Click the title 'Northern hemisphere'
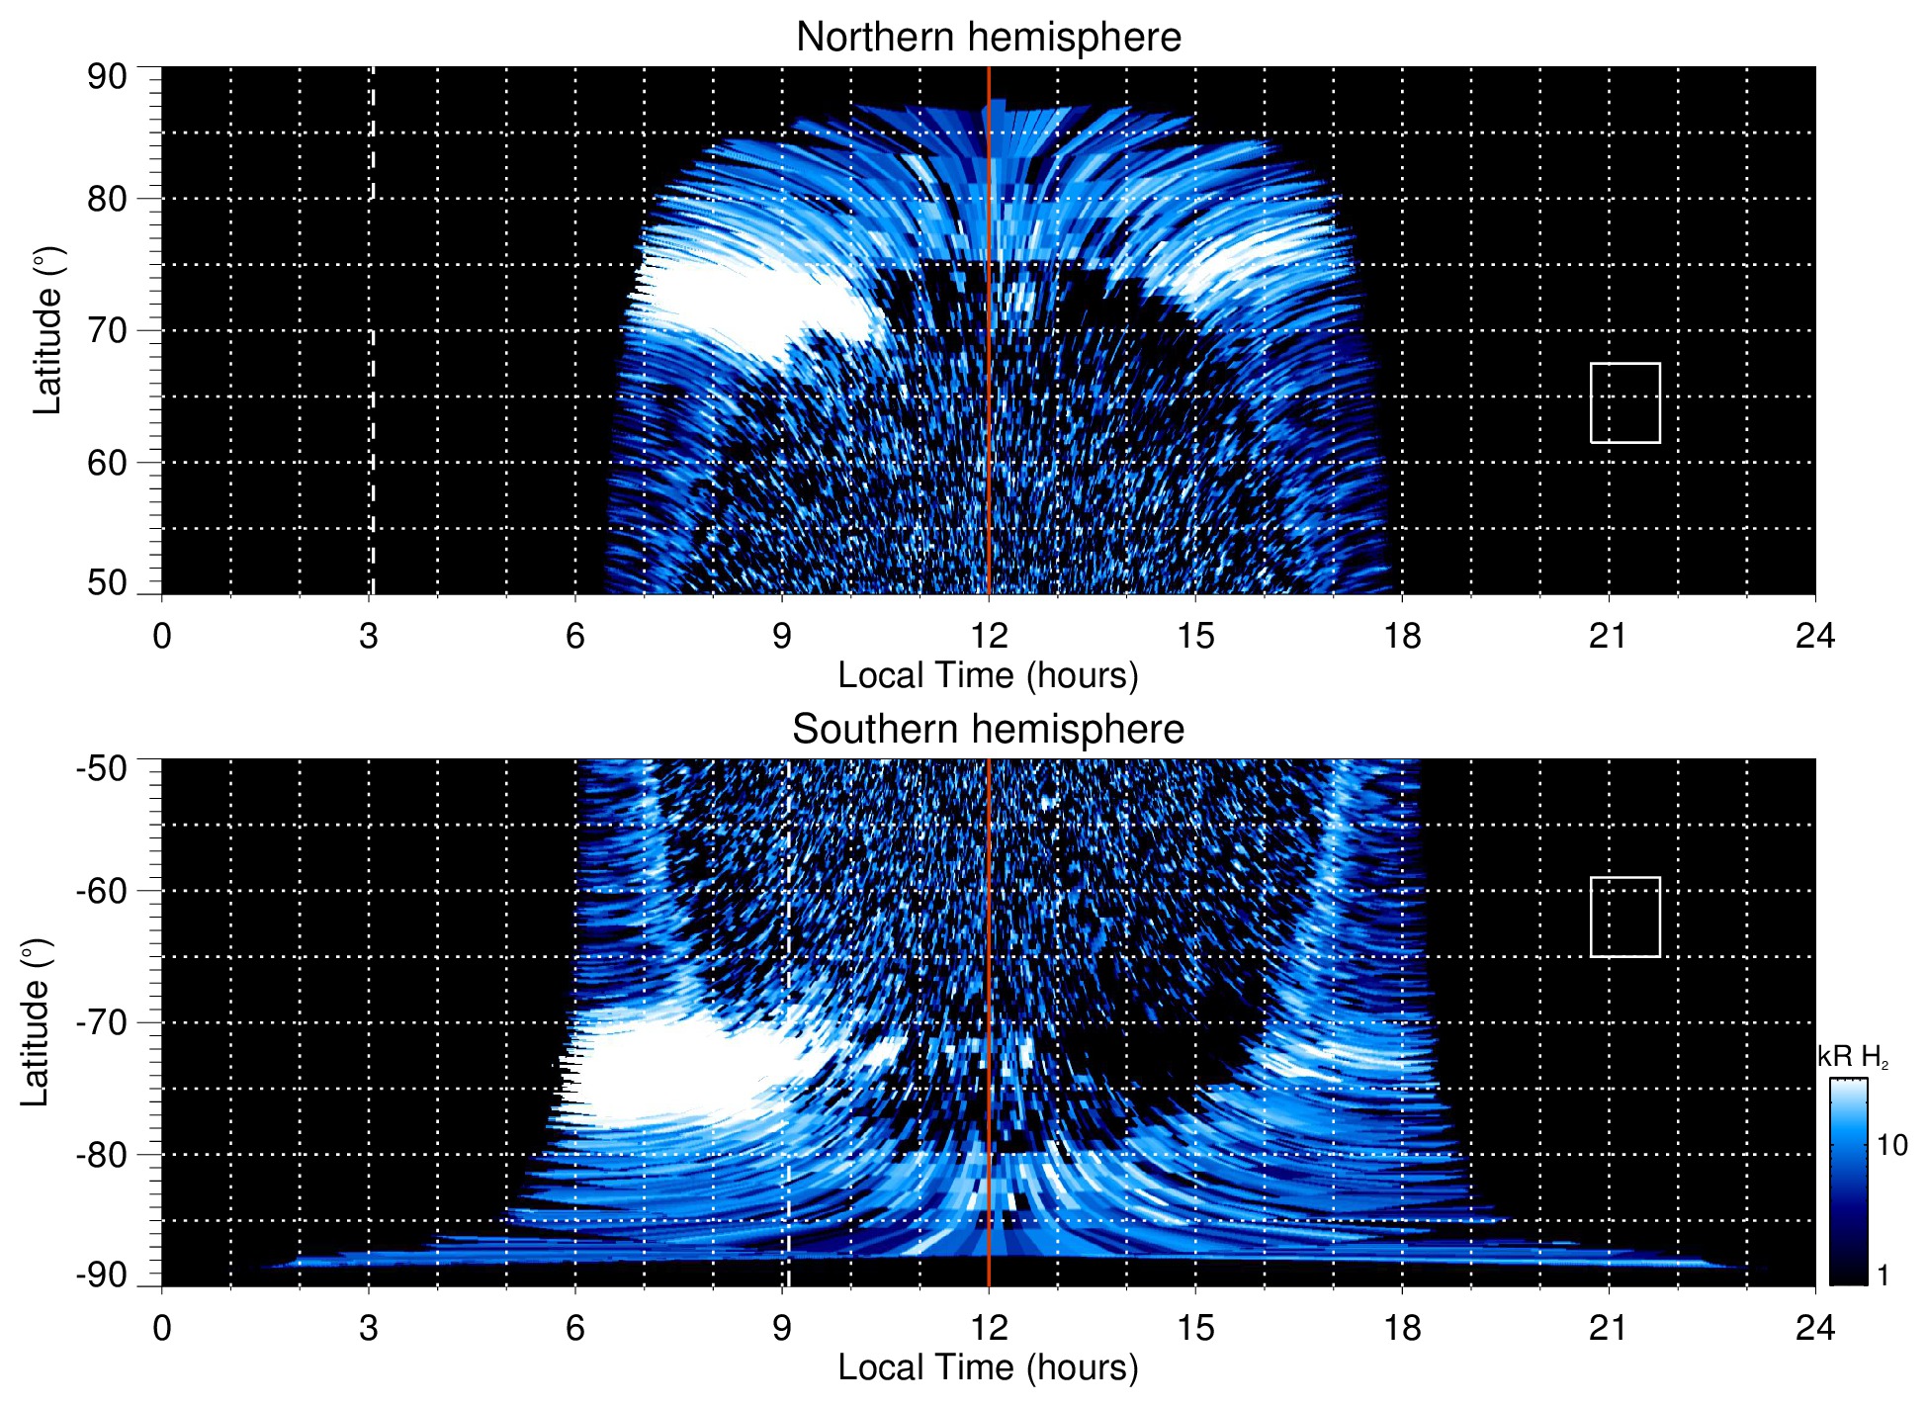click(x=988, y=38)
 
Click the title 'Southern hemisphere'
click(x=988, y=730)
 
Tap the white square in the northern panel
click(x=1624, y=403)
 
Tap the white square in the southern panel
click(x=1624, y=917)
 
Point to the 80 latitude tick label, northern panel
click(x=108, y=199)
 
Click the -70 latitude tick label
click(x=102, y=1022)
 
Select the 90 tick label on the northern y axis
click(x=108, y=76)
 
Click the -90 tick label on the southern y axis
click(x=102, y=1275)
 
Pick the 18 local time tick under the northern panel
click(x=1402, y=636)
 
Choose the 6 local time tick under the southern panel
click(x=575, y=1328)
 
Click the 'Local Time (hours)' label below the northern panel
click(x=988, y=675)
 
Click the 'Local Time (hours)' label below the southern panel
click(x=988, y=1367)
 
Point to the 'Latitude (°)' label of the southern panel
click(x=35, y=1022)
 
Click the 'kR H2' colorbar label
click(x=1852, y=1057)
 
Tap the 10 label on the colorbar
click(x=1891, y=1146)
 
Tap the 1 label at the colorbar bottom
click(x=1883, y=1275)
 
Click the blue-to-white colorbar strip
click(x=1848, y=1182)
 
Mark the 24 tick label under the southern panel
click(x=1814, y=1328)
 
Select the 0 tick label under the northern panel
click(x=162, y=636)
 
